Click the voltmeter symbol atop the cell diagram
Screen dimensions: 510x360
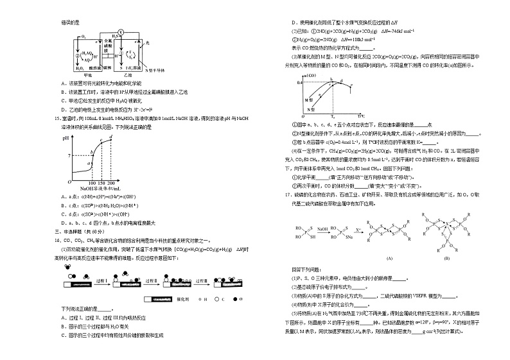click(x=120, y=31)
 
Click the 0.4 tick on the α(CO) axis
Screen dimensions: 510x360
click(x=300, y=83)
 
